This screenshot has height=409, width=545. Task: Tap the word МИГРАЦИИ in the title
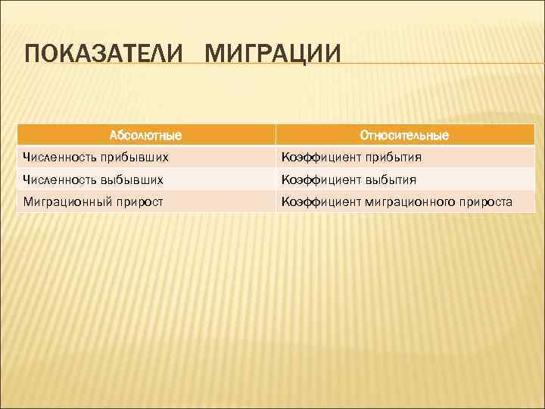273,55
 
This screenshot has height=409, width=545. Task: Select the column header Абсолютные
145,136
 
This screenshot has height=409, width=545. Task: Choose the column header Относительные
404,136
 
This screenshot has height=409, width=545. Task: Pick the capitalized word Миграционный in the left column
66,201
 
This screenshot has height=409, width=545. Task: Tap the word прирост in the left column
137,201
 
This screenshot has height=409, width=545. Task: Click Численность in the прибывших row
56,158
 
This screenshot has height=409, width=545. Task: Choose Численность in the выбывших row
56,180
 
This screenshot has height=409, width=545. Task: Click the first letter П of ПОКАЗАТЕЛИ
33,55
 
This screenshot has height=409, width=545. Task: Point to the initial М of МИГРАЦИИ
216,55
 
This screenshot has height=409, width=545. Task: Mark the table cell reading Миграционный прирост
145,201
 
